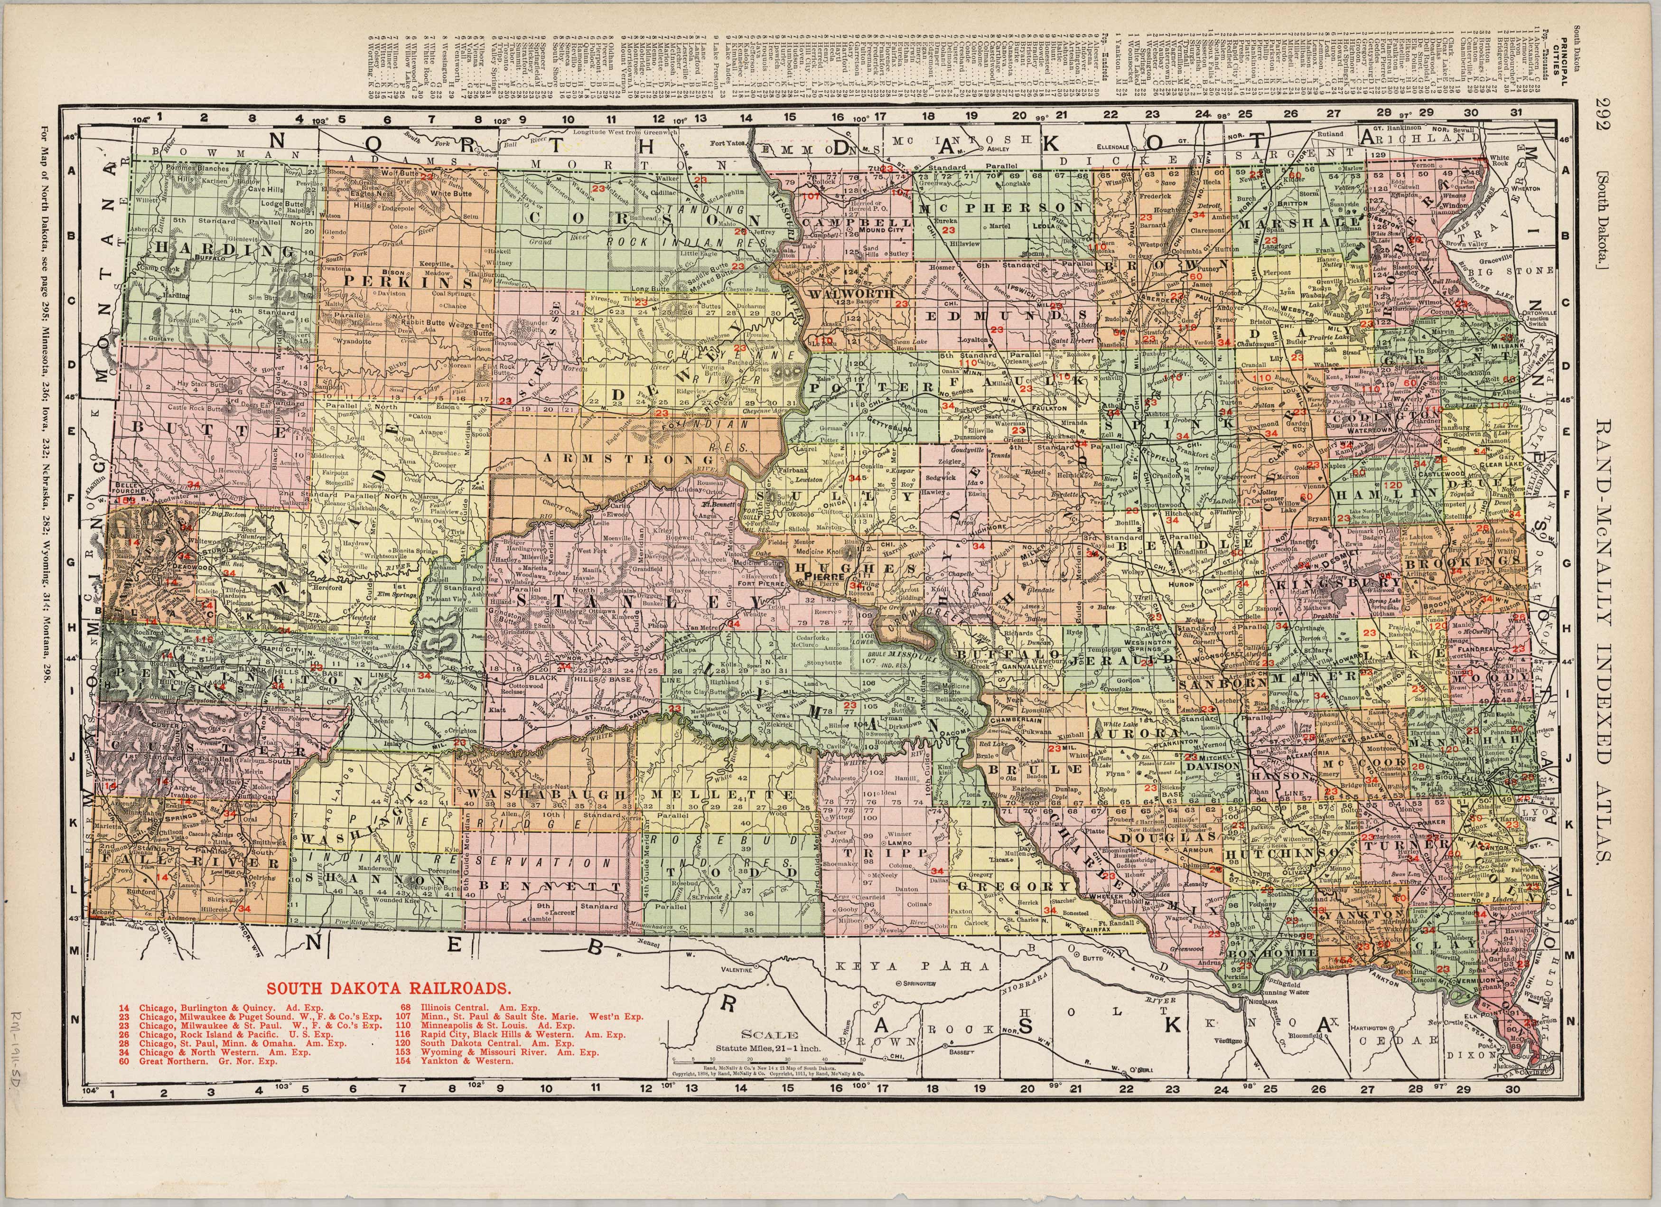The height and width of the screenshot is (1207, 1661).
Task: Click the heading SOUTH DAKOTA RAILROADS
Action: tap(388, 988)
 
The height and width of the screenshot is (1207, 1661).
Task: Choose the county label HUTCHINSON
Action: tap(1290, 854)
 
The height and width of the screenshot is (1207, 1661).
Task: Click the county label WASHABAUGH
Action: tap(546, 795)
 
